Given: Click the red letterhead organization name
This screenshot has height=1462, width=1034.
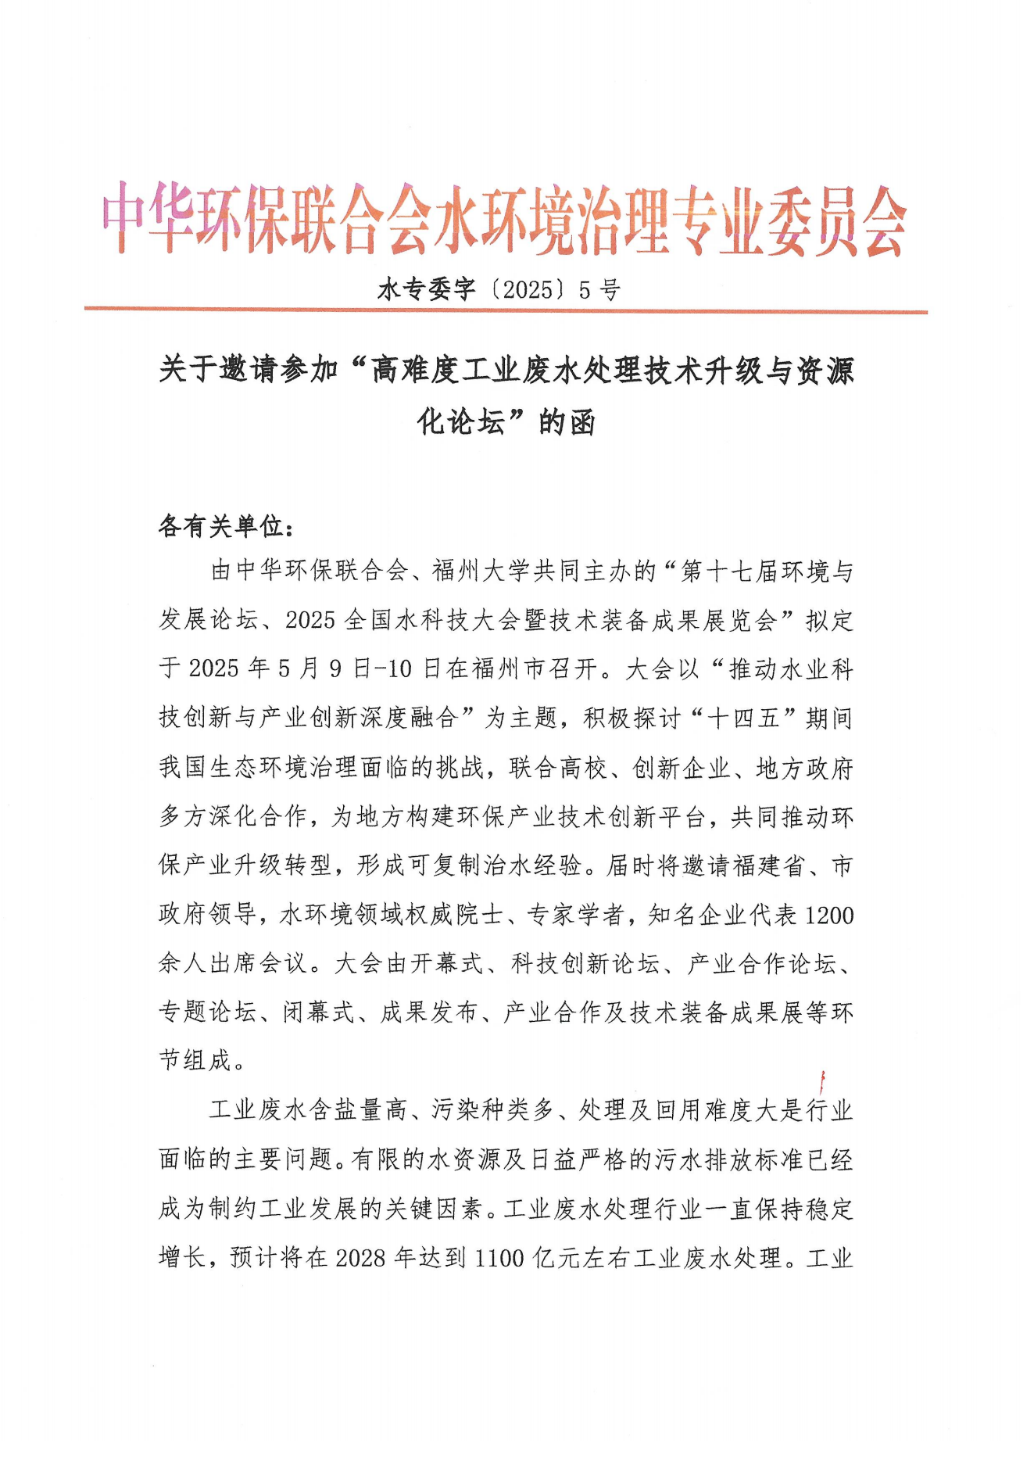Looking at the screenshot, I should point(504,220).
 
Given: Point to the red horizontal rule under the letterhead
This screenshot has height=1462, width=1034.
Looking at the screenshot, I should point(506,310).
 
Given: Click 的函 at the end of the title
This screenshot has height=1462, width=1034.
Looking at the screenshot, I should point(567,422).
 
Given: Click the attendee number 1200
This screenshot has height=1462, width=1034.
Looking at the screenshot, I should point(828,915).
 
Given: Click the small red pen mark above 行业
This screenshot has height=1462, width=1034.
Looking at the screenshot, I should point(822,1084).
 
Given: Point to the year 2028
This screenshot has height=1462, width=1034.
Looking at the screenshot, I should point(363,1257).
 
